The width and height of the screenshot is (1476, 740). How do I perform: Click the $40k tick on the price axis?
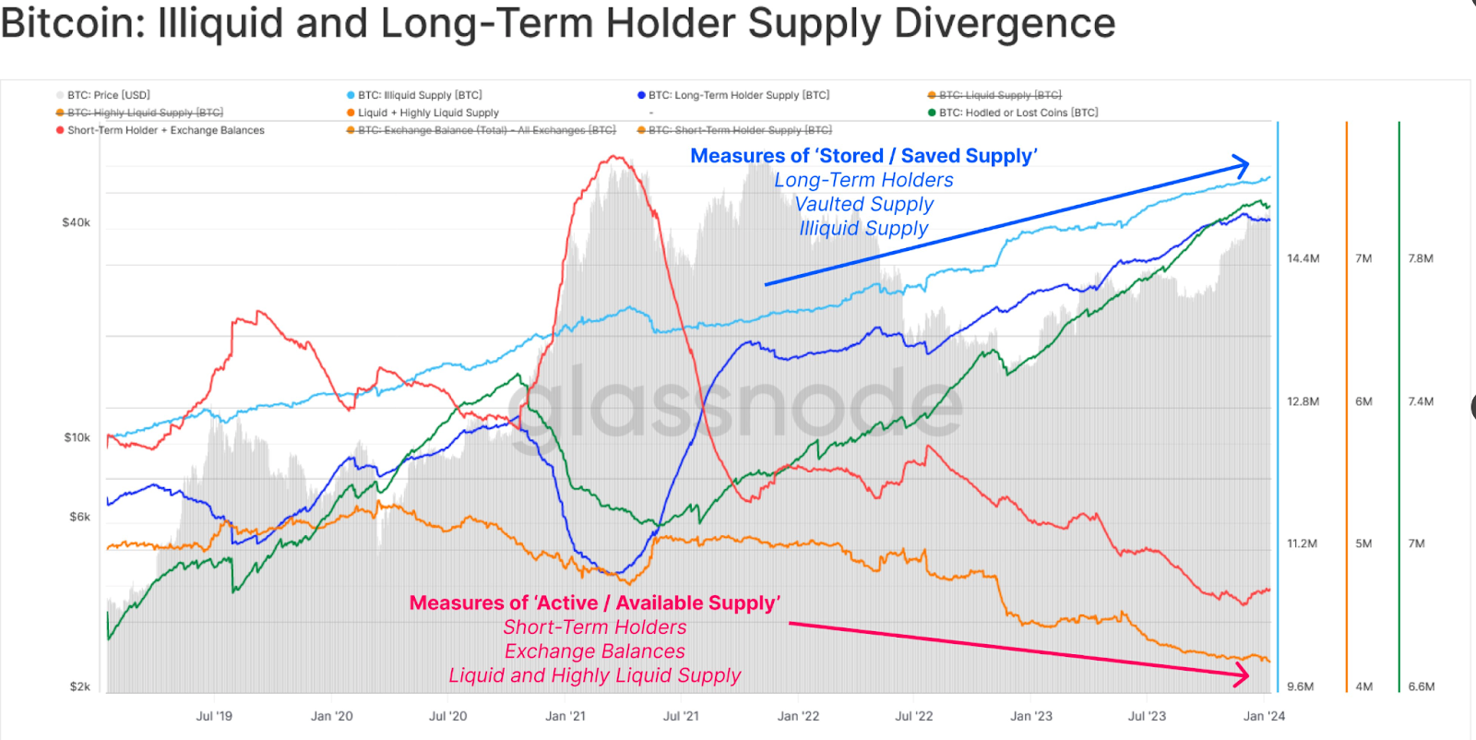pyautogui.click(x=76, y=222)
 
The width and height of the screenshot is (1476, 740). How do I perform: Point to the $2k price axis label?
pyautogui.click(x=79, y=686)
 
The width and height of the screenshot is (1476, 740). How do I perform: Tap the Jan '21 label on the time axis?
pyautogui.click(x=565, y=716)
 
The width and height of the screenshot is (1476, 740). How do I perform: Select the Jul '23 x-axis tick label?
pyautogui.click(x=1147, y=716)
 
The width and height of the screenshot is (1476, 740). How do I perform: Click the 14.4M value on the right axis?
pyautogui.click(x=1303, y=258)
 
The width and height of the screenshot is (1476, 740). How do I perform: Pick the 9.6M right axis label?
pyautogui.click(x=1300, y=686)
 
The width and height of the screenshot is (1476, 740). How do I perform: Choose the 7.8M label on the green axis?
pyautogui.click(x=1421, y=258)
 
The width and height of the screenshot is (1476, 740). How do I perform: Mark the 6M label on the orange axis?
pyautogui.click(x=1363, y=401)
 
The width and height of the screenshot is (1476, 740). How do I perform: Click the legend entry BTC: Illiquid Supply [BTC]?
pyautogui.click(x=419, y=95)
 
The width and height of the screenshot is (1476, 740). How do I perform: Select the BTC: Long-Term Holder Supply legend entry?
pyautogui.click(x=738, y=95)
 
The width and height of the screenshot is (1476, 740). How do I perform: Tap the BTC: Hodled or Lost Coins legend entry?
pyautogui.click(x=1018, y=113)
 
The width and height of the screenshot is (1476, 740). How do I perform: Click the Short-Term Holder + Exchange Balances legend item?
pyautogui.click(x=165, y=130)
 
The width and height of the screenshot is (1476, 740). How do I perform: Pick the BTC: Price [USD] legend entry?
pyautogui.click(x=108, y=95)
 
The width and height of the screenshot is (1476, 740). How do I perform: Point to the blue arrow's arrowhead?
pyautogui.click(x=1246, y=166)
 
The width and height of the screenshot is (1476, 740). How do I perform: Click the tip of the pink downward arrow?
pyautogui.click(x=1247, y=675)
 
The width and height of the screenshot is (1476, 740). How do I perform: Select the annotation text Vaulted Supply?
pyautogui.click(x=863, y=204)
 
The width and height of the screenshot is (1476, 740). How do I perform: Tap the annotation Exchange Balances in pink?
pyautogui.click(x=594, y=651)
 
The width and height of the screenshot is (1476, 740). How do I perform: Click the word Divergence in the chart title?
pyautogui.click(x=1005, y=23)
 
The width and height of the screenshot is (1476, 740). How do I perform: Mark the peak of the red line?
pyautogui.click(x=613, y=158)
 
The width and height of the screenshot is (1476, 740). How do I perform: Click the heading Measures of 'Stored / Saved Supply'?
pyautogui.click(x=863, y=156)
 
